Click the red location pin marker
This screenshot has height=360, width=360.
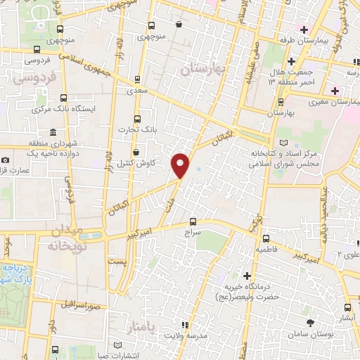point(181,165)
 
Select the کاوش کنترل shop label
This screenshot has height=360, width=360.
point(135,163)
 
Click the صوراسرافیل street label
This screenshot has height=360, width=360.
point(77,305)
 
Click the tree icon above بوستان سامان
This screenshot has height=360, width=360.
point(310,323)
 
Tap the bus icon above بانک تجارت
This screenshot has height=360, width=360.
point(136,117)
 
